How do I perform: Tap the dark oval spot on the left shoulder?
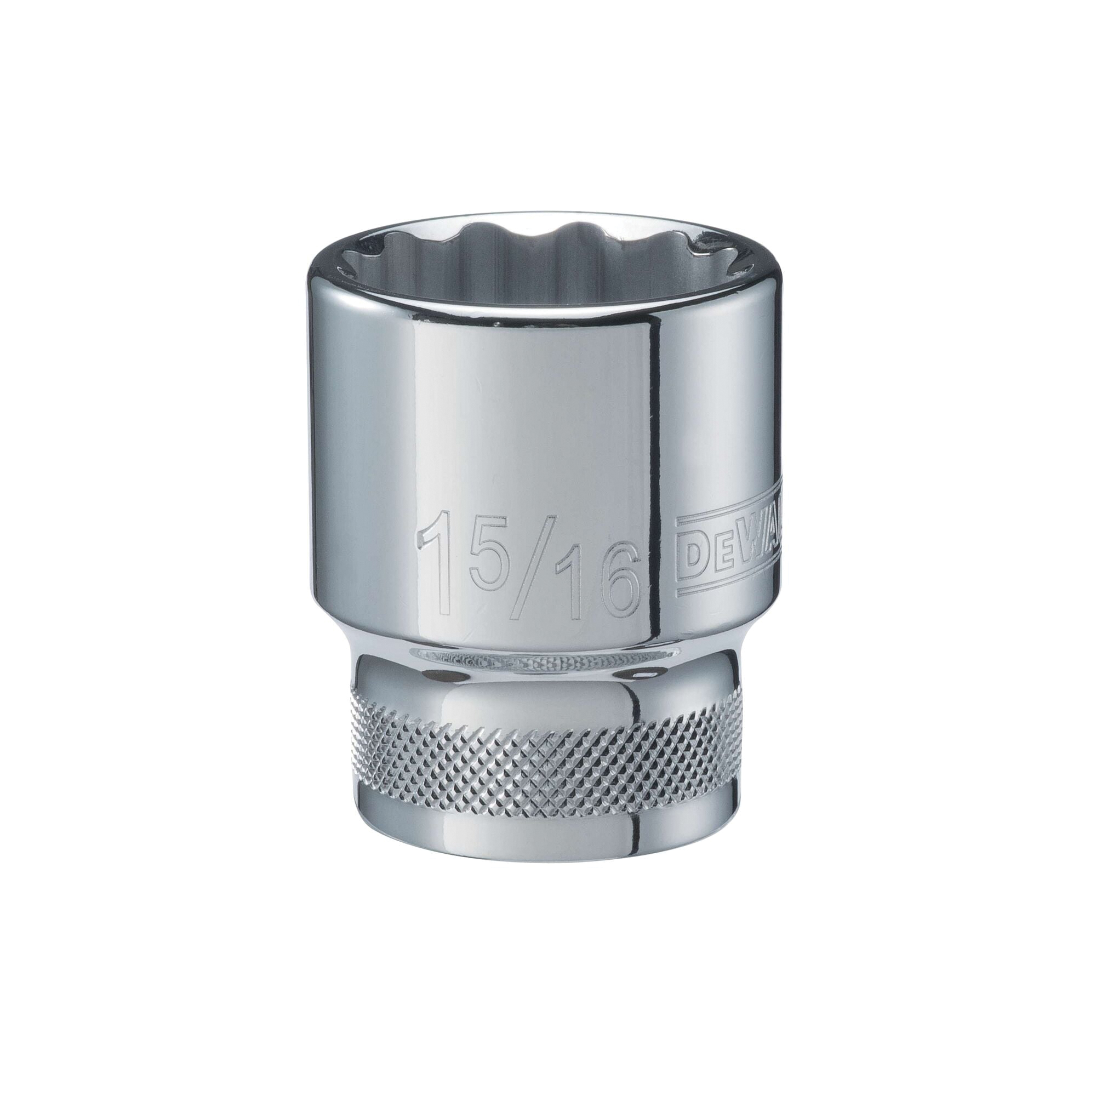pos(437,677)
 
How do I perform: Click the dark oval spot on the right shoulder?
pos(644,676)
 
